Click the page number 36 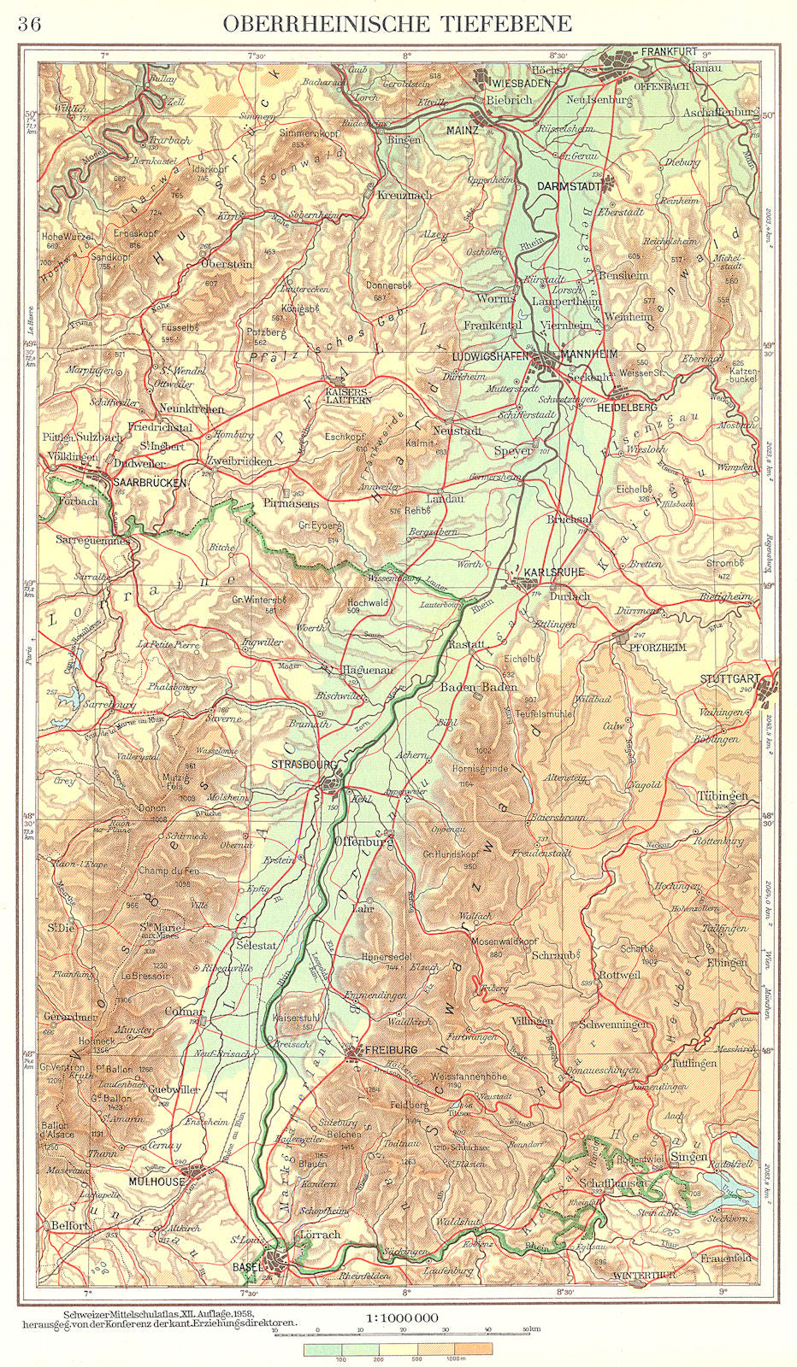[x=28, y=24]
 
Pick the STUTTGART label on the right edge [x=729, y=679]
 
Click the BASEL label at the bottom [x=247, y=1267]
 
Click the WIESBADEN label [x=520, y=83]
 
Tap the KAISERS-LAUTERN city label [x=348, y=395]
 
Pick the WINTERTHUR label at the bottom [x=644, y=1275]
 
